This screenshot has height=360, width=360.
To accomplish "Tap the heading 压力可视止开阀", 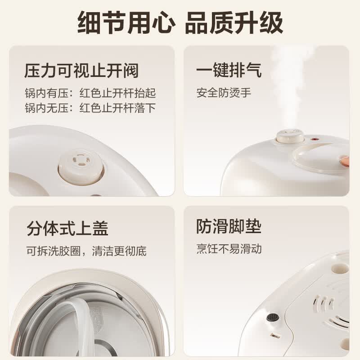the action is tap(81, 71).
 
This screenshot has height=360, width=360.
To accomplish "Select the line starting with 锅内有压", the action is tap(90, 93).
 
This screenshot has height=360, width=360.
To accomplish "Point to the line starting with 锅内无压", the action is tap(90, 108).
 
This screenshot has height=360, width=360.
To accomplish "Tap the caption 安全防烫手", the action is tap(224, 93).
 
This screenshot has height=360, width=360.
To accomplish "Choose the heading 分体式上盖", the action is tap(67, 229).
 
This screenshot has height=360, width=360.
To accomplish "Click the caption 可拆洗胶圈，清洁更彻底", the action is tap(86, 251).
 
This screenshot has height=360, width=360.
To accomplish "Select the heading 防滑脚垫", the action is tap(229, 226).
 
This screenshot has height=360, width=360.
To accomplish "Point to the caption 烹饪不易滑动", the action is tap(229, 249).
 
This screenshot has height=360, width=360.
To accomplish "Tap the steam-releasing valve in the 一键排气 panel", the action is tap(290, 136).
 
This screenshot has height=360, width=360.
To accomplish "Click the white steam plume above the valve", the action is tap(290, 87).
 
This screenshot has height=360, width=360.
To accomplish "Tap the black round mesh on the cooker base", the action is tap(273, 317).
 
